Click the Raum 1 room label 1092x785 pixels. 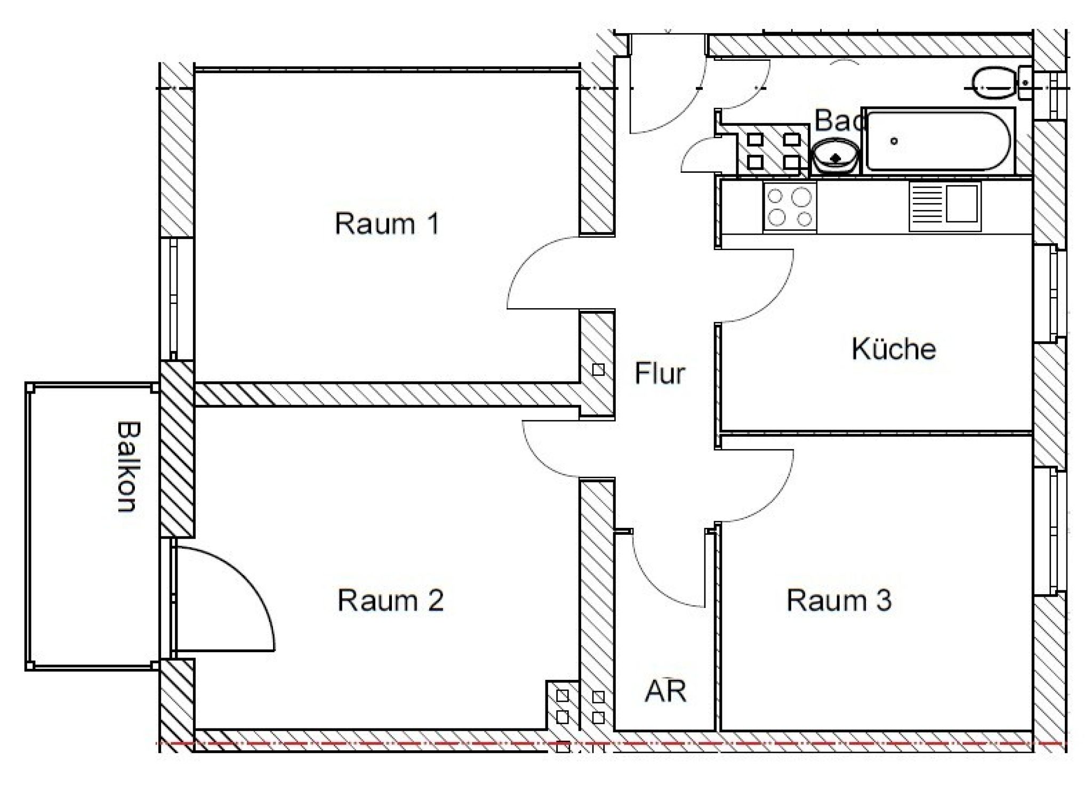[x=387, y=223]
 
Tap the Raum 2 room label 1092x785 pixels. [x=390, y=600]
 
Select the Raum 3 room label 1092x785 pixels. [x=839, y=600]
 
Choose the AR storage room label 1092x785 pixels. [x=665, y=691]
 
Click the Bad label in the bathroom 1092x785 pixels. [x=840, y=121]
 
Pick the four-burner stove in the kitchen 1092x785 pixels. [x=790, y=207]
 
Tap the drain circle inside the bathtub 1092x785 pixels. [x=894, y=141]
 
